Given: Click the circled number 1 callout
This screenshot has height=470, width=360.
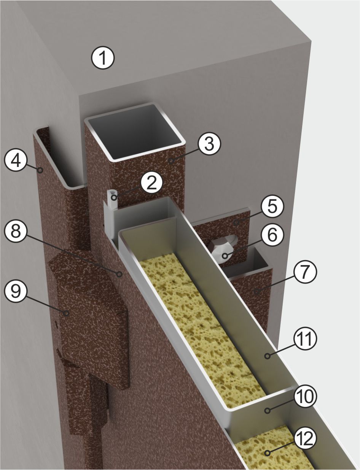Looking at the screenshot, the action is [x=103, y=57].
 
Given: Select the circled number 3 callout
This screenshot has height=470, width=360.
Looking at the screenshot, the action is [x=209, y=143].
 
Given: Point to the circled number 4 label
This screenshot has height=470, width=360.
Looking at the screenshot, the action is [x=16, y=160].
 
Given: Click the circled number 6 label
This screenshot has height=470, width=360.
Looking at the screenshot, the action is [x=272, y=235].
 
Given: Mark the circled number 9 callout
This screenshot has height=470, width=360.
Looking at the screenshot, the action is [x=16, y=291].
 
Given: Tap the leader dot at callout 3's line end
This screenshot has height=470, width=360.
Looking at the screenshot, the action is [x=171, y=160].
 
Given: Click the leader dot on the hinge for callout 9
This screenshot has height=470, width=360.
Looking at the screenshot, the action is [x=67, y=313].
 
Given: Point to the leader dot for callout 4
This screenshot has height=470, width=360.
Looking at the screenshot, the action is [x=40, y=170].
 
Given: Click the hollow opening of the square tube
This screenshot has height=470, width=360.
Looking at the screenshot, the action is [x=135, y=131].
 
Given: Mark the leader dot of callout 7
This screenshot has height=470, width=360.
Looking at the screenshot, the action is [x=257, y=291].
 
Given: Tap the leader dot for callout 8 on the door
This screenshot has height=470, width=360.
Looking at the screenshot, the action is [x=120, y=274].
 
